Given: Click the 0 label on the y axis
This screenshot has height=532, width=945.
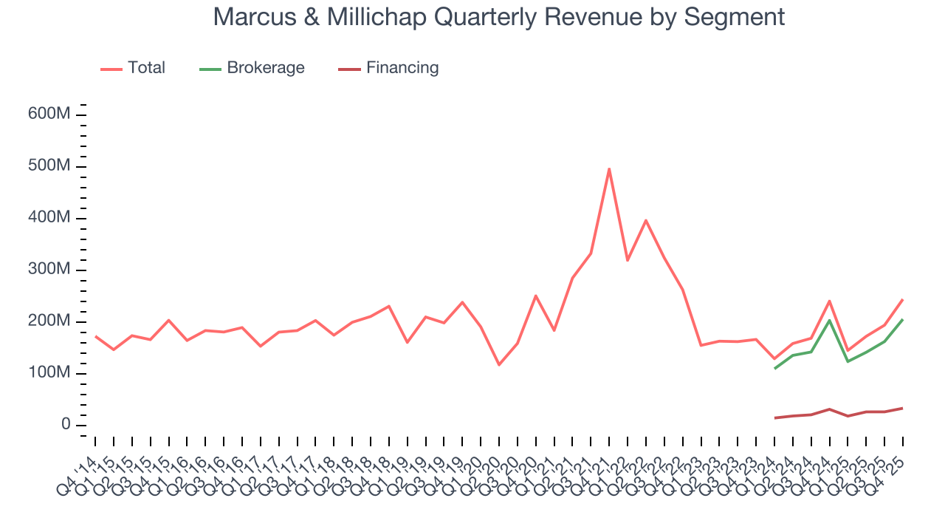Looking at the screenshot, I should (x=66, y=425).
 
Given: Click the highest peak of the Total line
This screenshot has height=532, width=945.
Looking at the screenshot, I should (x=609, y=168).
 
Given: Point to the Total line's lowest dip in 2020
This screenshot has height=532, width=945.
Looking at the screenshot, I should (x=499, y=364).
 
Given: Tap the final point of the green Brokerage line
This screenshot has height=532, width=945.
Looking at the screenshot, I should (x=902, y=319).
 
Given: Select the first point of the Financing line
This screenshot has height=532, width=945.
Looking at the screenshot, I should (x=774, y=418).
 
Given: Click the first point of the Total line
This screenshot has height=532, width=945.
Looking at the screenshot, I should (x=96, y=336).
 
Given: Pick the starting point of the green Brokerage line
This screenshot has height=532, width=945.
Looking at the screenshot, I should (x=774, y=368).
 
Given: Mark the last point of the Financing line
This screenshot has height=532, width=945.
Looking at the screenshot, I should (x=902, y=408).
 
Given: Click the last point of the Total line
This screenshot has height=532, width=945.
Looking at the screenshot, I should (x=902, y=299).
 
